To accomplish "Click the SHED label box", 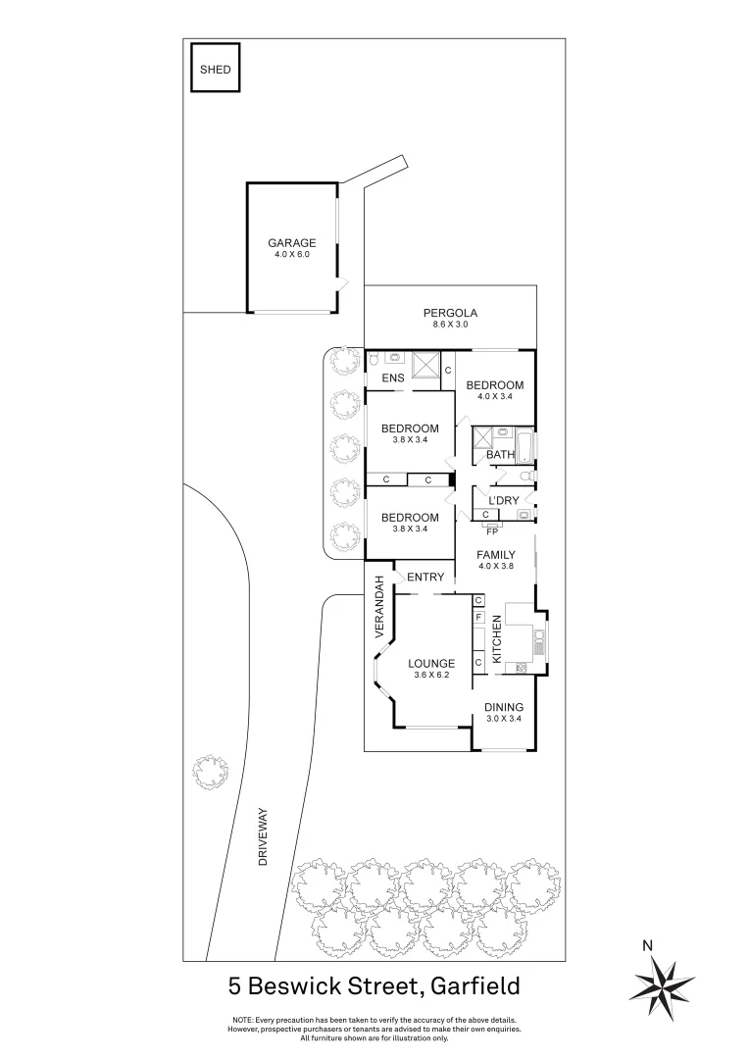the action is pos(216,70).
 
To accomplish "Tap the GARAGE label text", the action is pos(292,243).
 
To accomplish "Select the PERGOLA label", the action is pos(451,314).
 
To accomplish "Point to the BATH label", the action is pos(500,455).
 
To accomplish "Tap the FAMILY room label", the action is pos(496,555).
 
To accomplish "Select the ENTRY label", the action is pos(426,578).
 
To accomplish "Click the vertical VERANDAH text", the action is pos(378,607).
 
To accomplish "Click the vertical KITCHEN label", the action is pos(497,638).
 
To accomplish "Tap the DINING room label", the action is pos(504,708).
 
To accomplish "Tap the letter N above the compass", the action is pos(647,946).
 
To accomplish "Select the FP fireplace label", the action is pos(492,531).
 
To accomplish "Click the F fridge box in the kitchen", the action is pos(478,618).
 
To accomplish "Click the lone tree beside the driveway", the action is pos(209,772).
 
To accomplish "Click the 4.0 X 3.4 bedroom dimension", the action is pos(494,397).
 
